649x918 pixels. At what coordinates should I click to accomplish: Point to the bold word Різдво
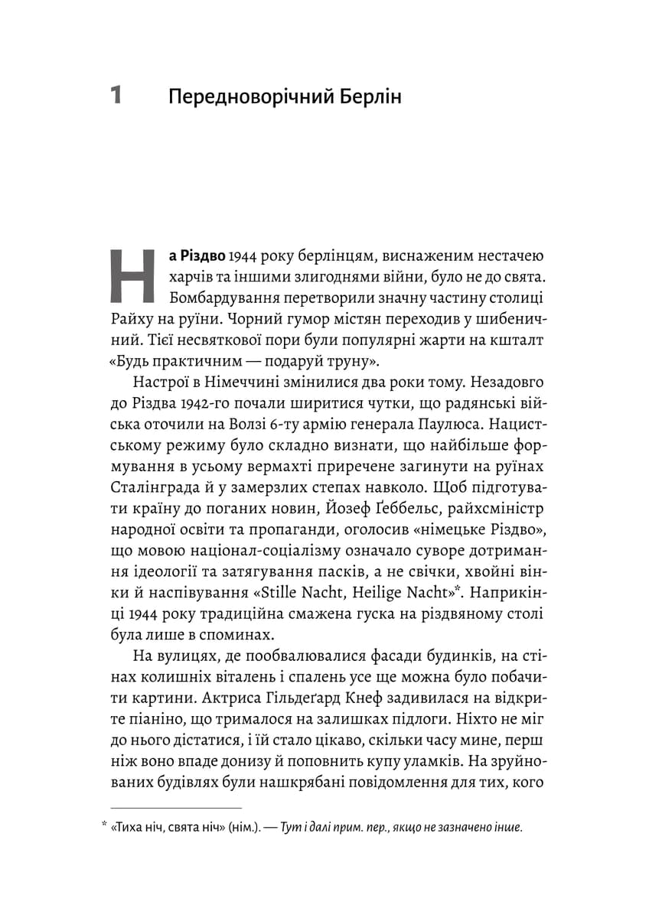[x=194, y=254]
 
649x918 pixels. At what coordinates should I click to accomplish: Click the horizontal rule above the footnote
[x=176, y=806]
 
